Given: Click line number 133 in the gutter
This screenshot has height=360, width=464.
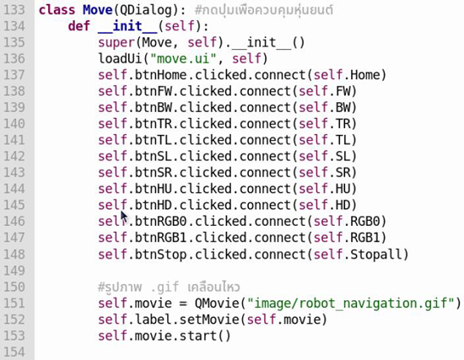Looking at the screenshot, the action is (x=14, y=10).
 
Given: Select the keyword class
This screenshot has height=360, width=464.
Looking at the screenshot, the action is (x=57, y=10).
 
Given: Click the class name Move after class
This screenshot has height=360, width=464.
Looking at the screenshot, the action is (x=98, y=10).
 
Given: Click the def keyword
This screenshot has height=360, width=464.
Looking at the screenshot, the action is (x=78, y=26).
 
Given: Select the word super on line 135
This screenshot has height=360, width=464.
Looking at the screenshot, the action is (x=116, y=43).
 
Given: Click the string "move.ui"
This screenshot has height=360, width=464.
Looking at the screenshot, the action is (x=183, y=58).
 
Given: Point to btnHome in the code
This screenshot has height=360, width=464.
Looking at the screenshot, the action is (x=160, y=75).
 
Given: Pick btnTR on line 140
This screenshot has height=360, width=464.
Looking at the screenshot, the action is (x=154, y=124).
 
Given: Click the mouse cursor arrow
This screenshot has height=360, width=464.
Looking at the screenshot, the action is (x=123, y=217).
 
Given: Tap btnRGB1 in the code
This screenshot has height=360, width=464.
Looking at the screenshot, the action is (x=160, y=238).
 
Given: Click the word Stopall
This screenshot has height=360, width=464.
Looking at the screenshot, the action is (x=375, y=255).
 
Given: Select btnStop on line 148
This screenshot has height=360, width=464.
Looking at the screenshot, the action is (x=160, y=255).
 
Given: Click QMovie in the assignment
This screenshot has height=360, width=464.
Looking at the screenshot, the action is (x=217, y=304).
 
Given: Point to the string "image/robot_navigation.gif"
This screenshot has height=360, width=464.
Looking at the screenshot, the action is (x=350, y=304).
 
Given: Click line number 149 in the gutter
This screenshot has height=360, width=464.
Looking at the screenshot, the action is (x=14, y=271).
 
